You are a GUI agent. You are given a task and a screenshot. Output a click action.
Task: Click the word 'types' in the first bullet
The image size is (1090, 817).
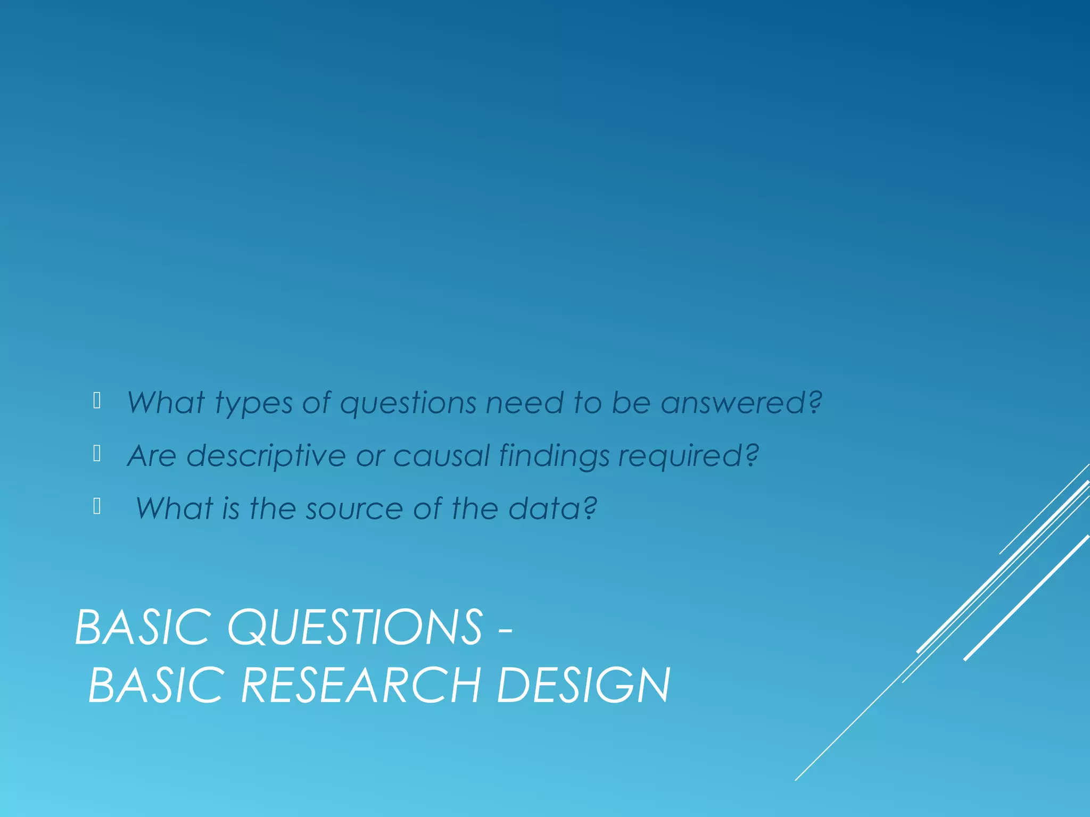[x=254, y=403]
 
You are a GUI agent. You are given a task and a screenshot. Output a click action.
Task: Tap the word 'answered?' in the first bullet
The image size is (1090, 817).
[x=741, y=402]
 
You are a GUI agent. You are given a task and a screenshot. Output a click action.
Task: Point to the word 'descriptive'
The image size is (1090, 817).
[x=266, y=456]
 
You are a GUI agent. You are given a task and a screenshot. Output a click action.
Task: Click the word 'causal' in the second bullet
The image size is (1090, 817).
[x=441, y=456]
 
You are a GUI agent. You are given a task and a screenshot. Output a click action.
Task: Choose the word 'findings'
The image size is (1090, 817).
[x=554, y=456]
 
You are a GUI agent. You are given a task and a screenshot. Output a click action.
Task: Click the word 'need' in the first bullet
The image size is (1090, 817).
[x=524, y=402]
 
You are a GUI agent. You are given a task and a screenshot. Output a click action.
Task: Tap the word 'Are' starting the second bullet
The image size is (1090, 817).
[x=152, y=456]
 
